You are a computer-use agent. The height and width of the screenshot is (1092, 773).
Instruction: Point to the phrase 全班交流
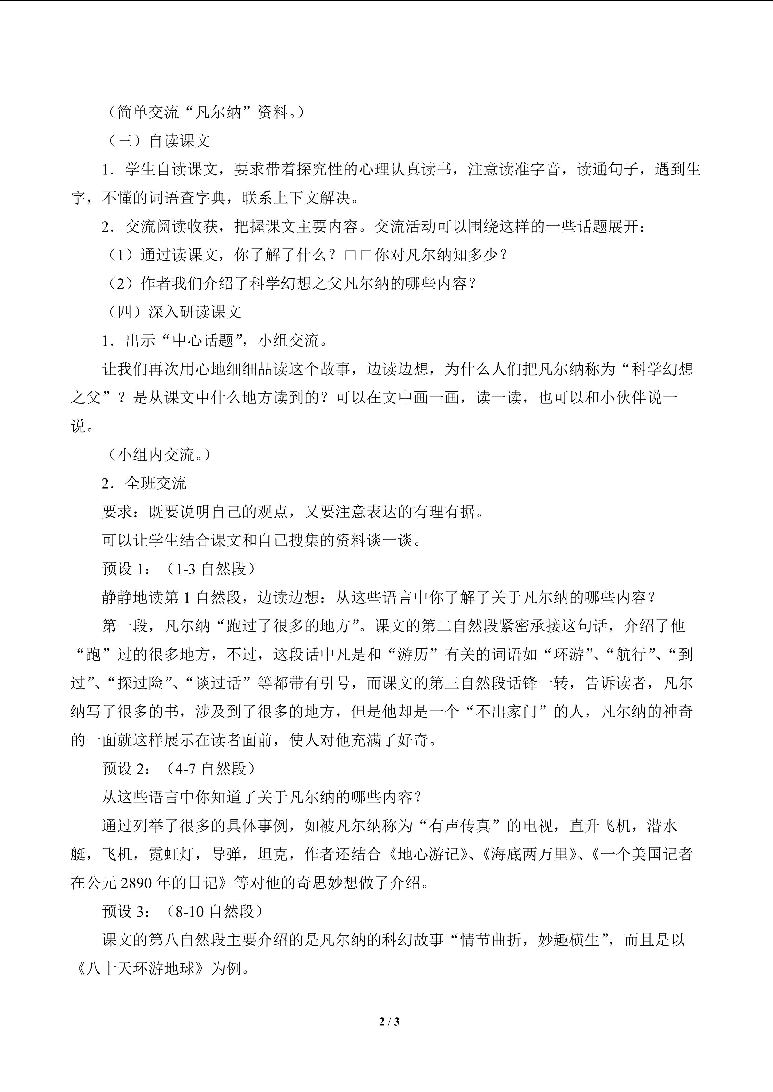(x=156, y=483)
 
